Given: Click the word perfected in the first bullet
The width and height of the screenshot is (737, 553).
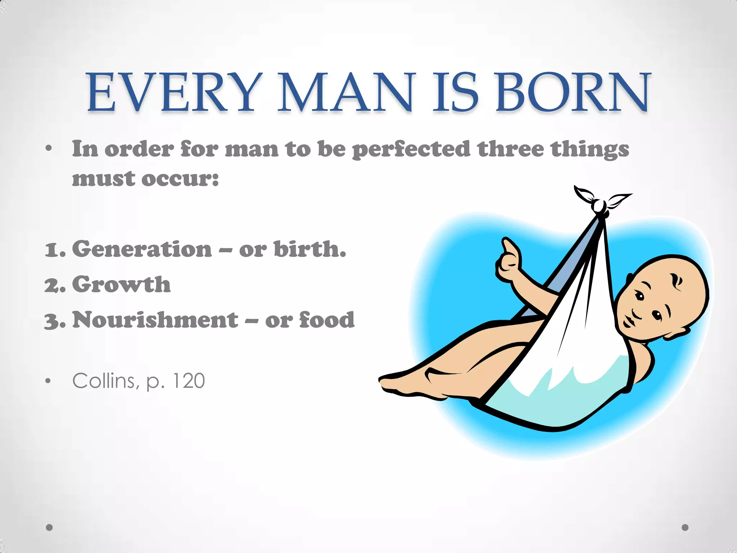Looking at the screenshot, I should [x=411, y=149].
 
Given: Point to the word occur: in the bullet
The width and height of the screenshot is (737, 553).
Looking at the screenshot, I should [x=180, y=179].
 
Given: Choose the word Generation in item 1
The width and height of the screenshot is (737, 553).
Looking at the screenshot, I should [x=142, y=249].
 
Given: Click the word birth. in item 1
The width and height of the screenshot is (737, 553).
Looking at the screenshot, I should [x=310, y=249].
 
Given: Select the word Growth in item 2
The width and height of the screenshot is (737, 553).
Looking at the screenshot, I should [x=122, y=284].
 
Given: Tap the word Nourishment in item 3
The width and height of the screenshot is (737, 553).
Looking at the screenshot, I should [x=155, y=320].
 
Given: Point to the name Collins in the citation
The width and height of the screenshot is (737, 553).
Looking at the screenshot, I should [x=104, y=381].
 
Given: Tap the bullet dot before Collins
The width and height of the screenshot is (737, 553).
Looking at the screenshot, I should [x=48, y=382].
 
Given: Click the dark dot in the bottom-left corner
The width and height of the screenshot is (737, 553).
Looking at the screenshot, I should [x=50, y=527].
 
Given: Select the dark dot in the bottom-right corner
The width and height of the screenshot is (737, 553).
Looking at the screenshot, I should [x=685, y=527].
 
